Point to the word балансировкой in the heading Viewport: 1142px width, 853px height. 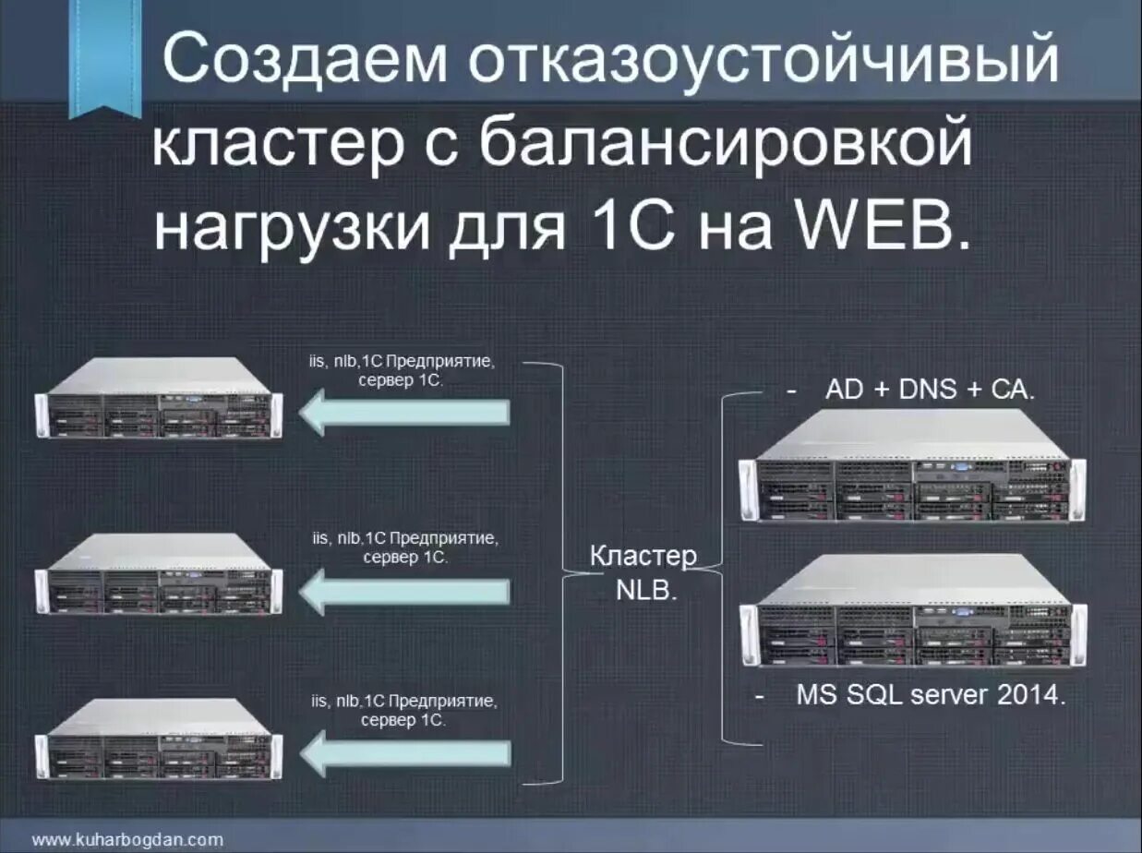(727, 145)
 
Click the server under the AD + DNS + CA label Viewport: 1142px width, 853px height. (914, 466)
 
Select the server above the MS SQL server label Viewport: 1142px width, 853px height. (914, 611)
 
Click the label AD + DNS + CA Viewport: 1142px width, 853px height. (930, 390)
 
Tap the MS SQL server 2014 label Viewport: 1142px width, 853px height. (931, 694)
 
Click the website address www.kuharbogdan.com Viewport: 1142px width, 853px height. (127, 839)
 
